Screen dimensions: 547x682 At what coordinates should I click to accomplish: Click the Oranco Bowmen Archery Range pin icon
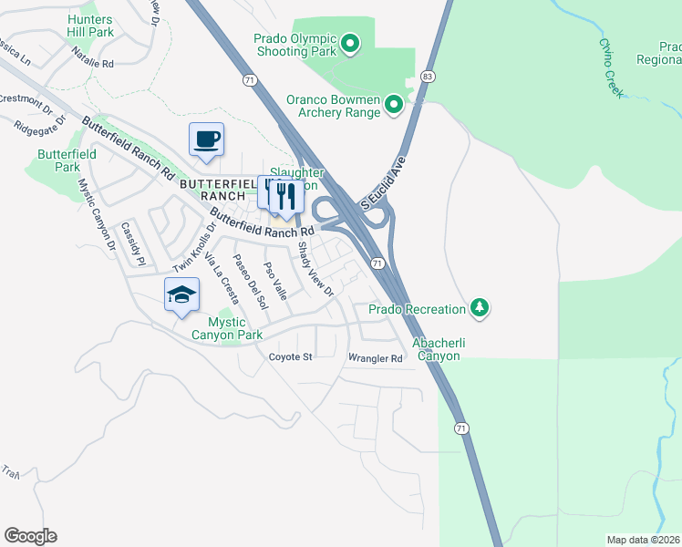(394, 106)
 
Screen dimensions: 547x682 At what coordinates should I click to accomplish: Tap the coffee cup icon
(206, 139)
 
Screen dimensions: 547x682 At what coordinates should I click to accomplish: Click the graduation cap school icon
(181, 294)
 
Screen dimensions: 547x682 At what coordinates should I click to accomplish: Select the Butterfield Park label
(67, 160)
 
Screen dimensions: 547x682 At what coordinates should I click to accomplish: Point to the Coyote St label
(290, 356)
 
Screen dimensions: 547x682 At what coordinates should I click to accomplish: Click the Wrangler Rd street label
(375, 358)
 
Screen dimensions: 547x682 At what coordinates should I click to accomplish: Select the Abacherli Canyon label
(437, 349)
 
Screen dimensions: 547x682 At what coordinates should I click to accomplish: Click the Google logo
(30, 536)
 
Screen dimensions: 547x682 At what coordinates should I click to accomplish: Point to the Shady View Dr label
(315, 269)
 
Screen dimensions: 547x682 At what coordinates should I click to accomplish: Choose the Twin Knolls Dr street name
(193, 249)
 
